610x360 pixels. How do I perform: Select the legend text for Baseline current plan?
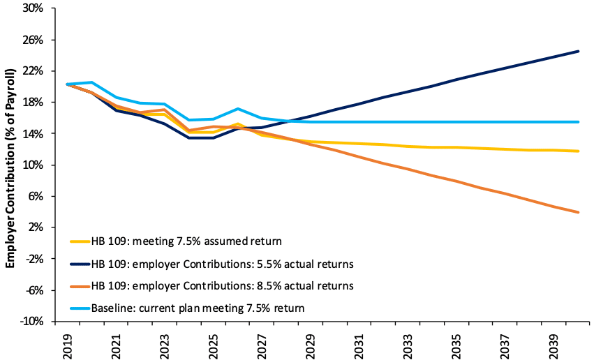coord(199,308)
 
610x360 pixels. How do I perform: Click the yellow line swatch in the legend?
coord(79,242)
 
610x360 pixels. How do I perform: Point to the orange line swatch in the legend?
coord(79,285)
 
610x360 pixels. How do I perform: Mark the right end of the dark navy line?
coord(579,51)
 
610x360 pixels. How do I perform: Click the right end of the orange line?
coord(579,212)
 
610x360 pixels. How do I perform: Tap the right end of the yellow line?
coord(579,151)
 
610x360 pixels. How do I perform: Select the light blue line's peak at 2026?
coord(238,109)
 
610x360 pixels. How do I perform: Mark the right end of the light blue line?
coord(579,122)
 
